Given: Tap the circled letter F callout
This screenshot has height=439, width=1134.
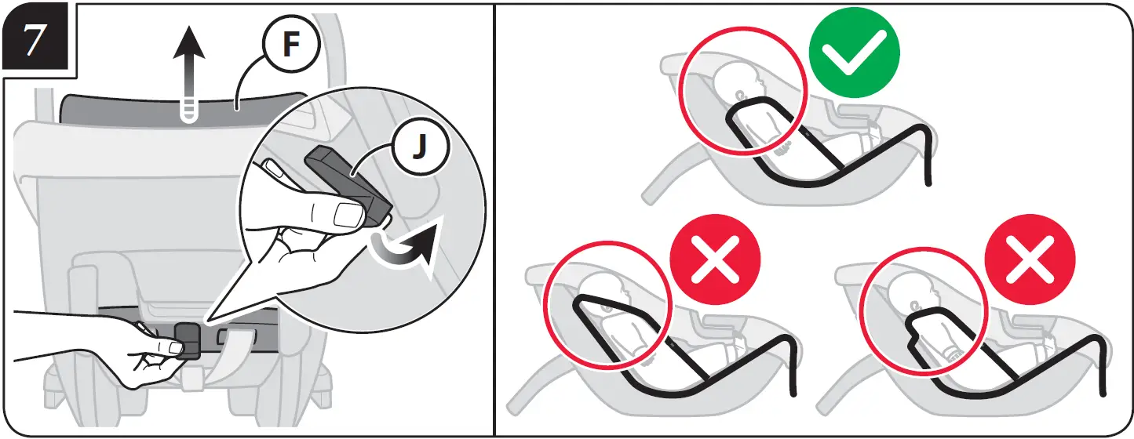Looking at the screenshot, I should [x=290, y=46].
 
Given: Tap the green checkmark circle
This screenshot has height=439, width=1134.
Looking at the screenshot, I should [x=854, y=52].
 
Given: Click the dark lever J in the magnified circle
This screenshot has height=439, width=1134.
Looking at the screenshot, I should [x=346, y=180].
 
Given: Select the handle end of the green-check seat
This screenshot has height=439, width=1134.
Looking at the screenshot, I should [x=928, y=182].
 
